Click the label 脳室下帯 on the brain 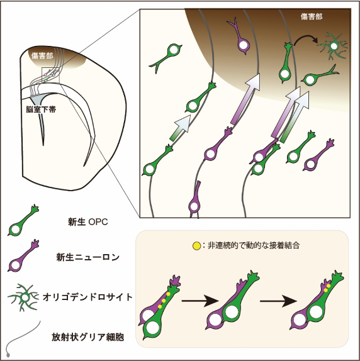41,109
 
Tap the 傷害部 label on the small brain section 42,55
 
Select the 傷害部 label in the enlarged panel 312,16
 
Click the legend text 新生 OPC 87,222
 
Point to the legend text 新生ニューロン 87,257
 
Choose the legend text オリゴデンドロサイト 87,297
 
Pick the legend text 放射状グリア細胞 87,337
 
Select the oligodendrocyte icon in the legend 24,297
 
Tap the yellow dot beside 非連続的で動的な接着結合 196,246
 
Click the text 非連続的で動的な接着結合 254,245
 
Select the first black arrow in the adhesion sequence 200,301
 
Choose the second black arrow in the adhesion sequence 278,301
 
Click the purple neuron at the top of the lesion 240,38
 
